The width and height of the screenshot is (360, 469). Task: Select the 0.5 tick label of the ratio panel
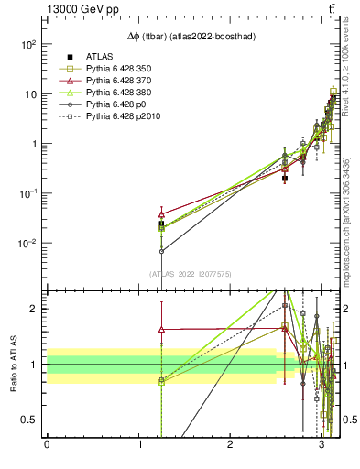click(29, 420)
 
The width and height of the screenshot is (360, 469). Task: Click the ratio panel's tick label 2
click(34, 309)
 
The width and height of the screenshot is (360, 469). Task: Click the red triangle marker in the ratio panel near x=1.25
click(161, 329)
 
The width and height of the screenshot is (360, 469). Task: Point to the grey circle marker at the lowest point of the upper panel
click(161, 251)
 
